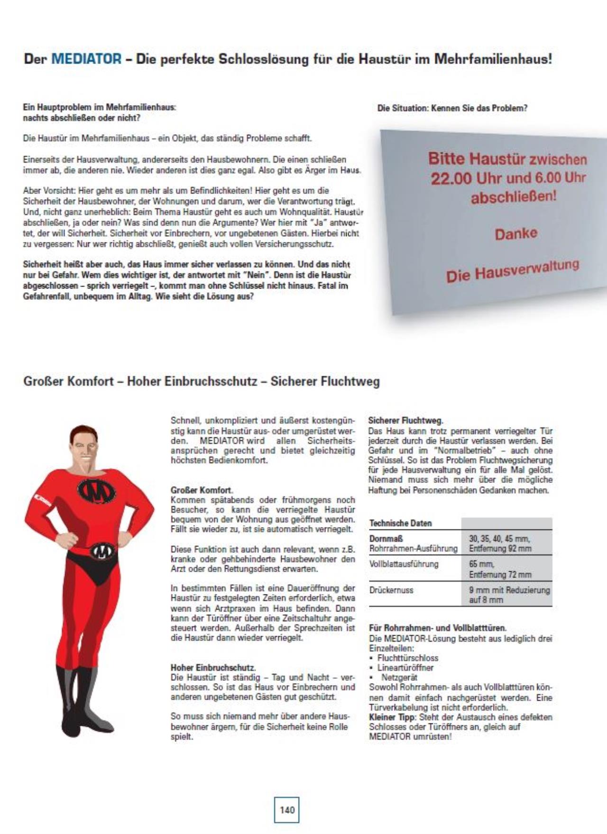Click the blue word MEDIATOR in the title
coord(86,59)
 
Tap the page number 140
coord(287,810)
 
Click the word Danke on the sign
coord(516,234)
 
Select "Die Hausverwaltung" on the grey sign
coord(512,270)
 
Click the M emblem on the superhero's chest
coord(97,491)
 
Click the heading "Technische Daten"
coord(400,523)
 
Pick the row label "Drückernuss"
coord(391,590)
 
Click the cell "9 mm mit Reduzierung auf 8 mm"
coord(509,595)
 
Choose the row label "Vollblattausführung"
coord(404,564)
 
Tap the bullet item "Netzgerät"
coord(399,677)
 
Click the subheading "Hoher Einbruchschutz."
coord(213,667)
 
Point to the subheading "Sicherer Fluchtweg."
coord(405,420)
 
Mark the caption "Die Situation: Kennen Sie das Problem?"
coord(452,108)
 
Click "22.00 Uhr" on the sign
coord(458,179)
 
